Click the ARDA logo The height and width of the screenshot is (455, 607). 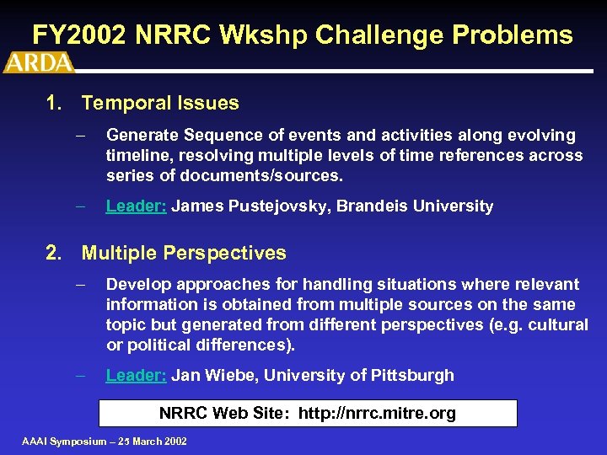click(39, 62)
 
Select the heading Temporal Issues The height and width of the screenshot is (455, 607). click(160, 104)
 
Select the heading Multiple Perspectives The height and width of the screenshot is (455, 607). click(184, 253)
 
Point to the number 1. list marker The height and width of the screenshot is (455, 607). click(55, 104)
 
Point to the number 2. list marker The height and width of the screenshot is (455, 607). click(55, 253)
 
